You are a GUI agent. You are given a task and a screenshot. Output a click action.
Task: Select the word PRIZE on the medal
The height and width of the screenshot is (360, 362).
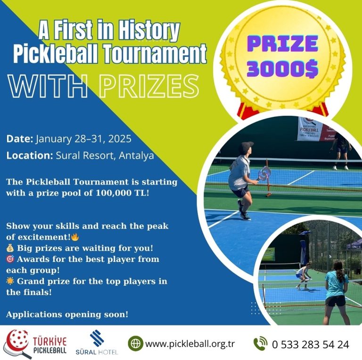coord(283,43)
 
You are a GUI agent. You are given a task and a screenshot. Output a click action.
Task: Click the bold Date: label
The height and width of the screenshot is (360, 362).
coord(20,139)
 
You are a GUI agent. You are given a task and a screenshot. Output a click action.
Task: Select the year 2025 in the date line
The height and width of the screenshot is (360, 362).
coord(120,139)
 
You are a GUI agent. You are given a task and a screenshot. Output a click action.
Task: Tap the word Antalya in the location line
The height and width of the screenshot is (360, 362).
coord(136,155)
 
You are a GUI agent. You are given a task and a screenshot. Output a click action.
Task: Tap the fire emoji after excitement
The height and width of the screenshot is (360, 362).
coord(75,237)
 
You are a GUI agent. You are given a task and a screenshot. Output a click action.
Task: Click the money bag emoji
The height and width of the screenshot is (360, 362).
coord(10,248)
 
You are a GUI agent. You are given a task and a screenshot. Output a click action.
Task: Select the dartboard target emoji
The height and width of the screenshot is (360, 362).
coord(10,259)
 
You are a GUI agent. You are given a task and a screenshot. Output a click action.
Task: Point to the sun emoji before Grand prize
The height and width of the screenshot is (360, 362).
coord(10,281)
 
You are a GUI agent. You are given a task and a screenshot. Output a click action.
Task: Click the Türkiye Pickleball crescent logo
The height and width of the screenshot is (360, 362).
coord(17,343)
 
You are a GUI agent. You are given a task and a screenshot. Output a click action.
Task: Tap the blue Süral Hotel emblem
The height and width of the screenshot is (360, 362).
coord(97,338)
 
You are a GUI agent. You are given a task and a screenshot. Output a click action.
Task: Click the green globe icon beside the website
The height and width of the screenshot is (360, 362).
coord(136,344)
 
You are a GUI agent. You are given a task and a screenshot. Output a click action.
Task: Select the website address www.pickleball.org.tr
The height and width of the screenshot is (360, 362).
coord(190,344)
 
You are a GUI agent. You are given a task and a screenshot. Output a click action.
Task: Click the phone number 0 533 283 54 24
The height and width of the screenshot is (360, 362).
coord(311,344)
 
